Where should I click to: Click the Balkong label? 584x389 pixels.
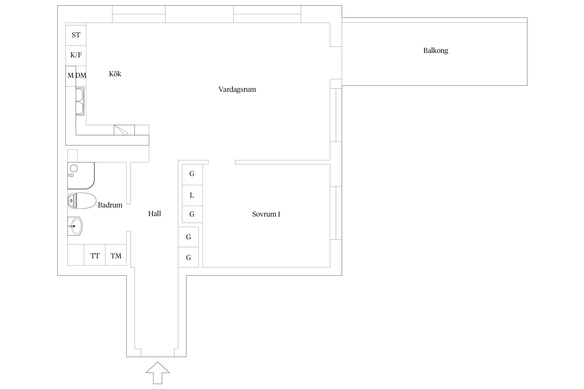click(x=436, y=51)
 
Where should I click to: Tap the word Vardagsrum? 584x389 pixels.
click(x=237, y=89)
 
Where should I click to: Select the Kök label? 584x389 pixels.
click(x=115, y=74)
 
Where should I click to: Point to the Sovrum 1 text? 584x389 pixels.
click(x=266, y=214)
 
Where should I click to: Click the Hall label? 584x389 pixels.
click(x=154, y=213)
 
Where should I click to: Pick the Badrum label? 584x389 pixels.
click(x=110, y=205)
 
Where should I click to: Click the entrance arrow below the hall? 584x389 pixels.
click(x=158, y=373)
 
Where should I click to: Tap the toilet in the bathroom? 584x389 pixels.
click(x=82, y=201)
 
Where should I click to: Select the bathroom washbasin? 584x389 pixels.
click(x=75, y=226)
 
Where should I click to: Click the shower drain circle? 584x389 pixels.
click(x=74, y=168)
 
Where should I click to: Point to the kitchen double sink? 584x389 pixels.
click(x=80, y=101)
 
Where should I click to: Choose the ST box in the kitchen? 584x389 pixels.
click(x=76, y=35)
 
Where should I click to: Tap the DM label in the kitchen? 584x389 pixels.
click(x=81, y=75)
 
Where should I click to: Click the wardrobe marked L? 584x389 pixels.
click(x=192, y=196)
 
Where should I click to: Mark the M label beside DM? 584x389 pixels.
click(x=71, y=75)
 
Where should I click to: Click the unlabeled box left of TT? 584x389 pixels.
click(x=76, y=255)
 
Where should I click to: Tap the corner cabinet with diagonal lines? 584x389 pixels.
click(x=124, y=130)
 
